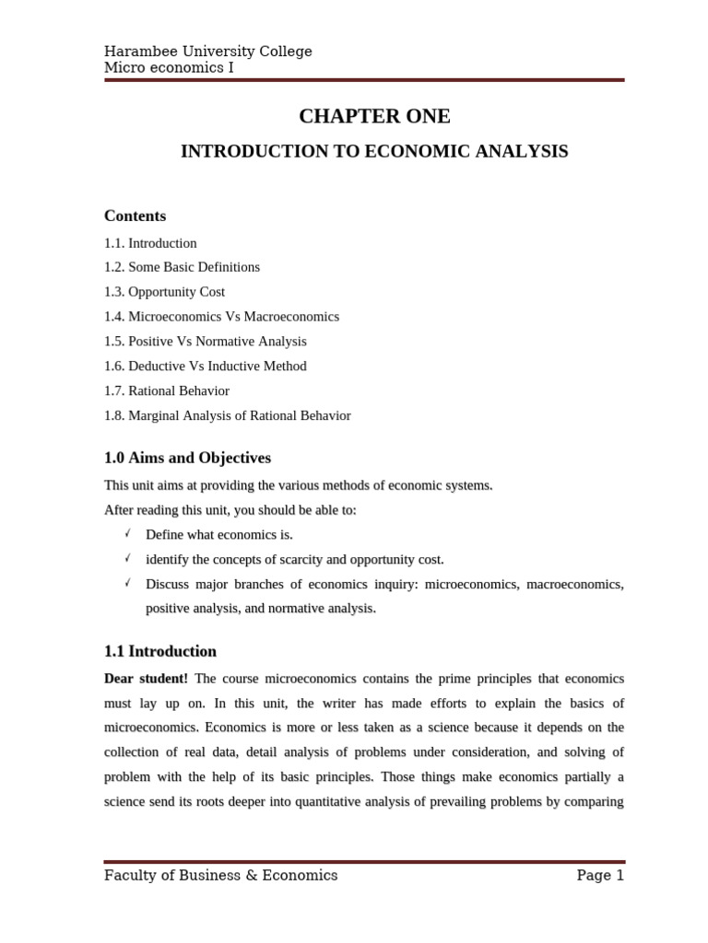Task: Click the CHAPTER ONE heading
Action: (374, 116)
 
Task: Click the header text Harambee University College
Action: (207, 52)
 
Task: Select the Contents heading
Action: (135, 215)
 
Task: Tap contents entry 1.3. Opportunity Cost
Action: (164, 292)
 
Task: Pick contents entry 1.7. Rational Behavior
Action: (166, 390)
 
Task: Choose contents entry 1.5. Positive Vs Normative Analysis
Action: (205, 341)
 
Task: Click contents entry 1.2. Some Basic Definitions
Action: (182, 267)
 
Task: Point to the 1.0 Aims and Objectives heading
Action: (187, 458)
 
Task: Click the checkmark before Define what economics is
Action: (127, 533)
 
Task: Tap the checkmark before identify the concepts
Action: (127, 558)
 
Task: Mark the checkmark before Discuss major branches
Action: (127, 583)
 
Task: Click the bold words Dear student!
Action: (146, 679)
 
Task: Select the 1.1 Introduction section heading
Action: (160, 651)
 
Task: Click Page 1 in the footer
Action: (600, 876)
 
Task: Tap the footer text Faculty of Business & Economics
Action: (220, 876)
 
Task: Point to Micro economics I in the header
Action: (169, 67)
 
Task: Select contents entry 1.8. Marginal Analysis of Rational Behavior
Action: (227, 415)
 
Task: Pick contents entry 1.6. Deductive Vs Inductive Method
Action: (205, 366)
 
